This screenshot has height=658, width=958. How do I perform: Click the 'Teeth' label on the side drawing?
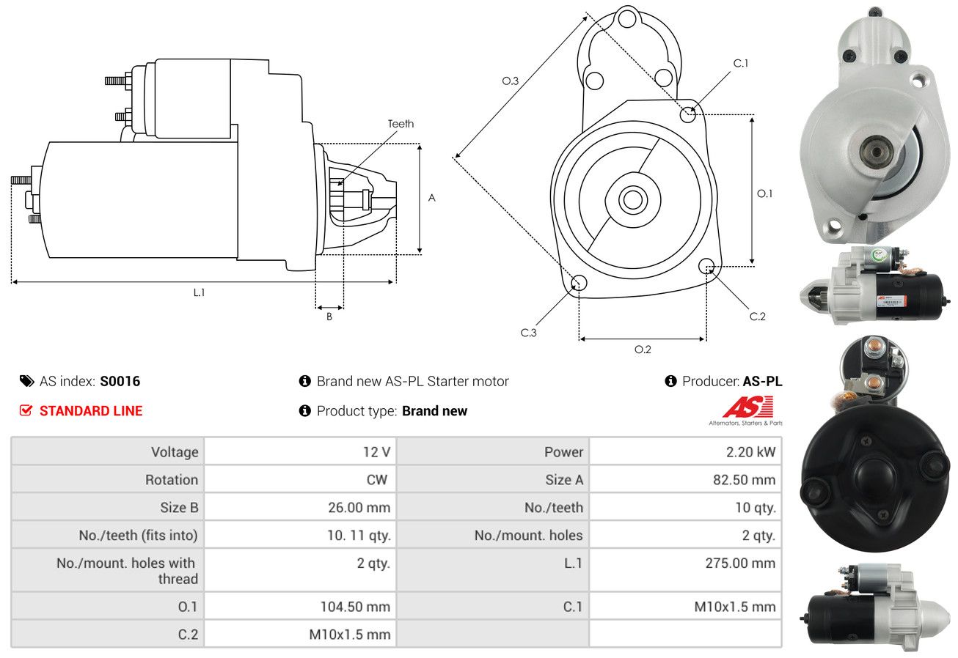point(401,124)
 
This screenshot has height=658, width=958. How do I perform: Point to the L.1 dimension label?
point(199,292)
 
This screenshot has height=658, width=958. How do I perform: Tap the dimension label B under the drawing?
point(329,317)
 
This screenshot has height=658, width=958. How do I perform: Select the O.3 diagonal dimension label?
point(511,81)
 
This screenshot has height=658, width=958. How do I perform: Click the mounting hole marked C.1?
point(688,114)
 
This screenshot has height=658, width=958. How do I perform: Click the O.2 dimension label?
point(643,349)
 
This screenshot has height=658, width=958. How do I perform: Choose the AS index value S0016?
point(120,381)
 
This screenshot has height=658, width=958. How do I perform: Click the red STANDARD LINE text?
point(91,411)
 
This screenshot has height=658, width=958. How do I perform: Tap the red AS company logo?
point(748,407)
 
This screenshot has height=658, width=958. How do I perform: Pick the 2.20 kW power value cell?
point(750,452)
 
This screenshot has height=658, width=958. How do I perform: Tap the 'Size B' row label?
point(179,507)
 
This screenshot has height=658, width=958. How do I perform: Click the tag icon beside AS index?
point(26,381)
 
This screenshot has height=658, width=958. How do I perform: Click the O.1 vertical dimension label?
point(765,193)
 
